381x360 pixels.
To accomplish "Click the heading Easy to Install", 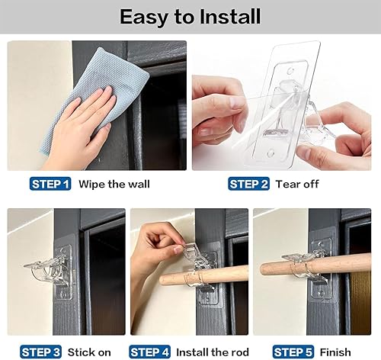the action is [x=190, y=17].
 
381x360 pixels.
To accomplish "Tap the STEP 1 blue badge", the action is [x=50, y=184].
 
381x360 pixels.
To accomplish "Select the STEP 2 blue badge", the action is [x=248, y=184].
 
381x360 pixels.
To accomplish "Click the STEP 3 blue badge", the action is [x=40, y=352].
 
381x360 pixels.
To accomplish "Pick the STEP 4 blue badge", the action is [x=150, y=352].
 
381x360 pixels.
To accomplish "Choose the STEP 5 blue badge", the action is [x=293, y=352].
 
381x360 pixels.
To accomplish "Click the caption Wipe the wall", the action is [x=114, y=184].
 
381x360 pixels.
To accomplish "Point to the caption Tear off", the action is [x=297, y=184].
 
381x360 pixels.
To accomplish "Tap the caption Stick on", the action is [x=89, y=352].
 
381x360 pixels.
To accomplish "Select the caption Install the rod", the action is [x=213, y=352].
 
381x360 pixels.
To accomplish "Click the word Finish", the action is [x=335, y=352].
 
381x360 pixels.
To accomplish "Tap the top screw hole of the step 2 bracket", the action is [x=290, y=70].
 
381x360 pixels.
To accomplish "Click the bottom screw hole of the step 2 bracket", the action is [x=271, y=153].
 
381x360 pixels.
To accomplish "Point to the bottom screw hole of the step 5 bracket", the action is [x=321, y=294].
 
